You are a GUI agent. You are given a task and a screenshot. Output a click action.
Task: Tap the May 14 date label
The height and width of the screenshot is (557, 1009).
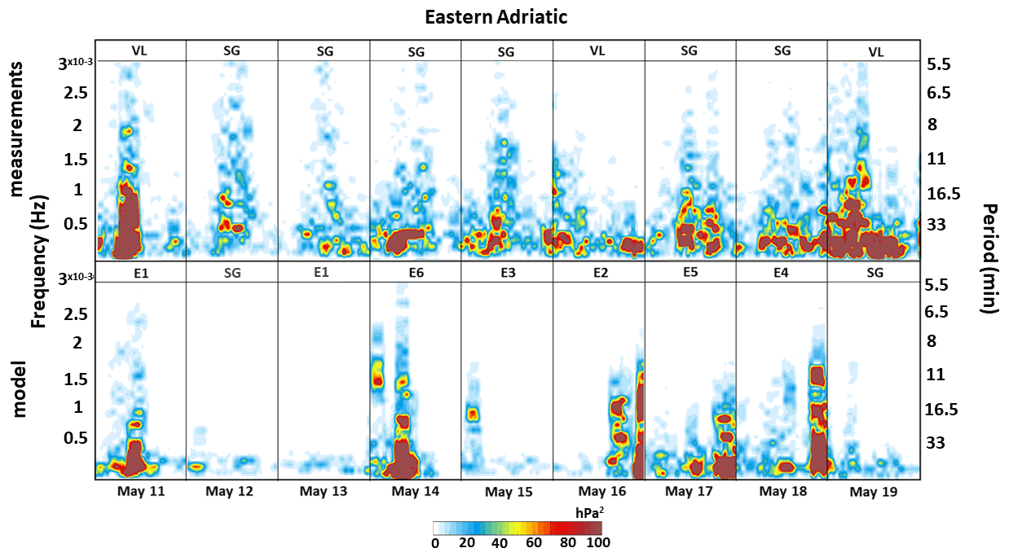pos(416,492)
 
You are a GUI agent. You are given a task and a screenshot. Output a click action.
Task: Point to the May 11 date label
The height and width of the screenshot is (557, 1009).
pos(140,491)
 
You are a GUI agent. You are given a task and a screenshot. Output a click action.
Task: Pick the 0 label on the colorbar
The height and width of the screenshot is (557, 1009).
pos(435,542)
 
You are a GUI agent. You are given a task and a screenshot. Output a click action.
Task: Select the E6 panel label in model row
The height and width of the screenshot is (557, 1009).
pos(416,273)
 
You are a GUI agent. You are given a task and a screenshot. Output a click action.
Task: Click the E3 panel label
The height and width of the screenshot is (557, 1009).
pos(506,273)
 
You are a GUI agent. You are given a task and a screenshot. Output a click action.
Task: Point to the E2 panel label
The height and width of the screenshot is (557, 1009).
pos(599,273)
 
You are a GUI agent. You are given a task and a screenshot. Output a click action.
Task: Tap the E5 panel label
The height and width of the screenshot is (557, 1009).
pos(690,273)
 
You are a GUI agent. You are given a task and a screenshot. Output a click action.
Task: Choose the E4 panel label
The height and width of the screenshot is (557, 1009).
pos(782,273)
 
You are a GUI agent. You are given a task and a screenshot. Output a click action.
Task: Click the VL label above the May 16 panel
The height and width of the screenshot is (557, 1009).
pos(598,51)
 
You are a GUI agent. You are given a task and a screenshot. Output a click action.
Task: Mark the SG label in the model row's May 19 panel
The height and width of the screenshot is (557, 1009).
pos(875,273)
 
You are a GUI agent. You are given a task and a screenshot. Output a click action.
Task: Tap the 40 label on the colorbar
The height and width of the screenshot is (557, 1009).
pos(500,542)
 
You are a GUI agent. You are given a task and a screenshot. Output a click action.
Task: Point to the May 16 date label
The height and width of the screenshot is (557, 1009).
pos(603,492)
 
